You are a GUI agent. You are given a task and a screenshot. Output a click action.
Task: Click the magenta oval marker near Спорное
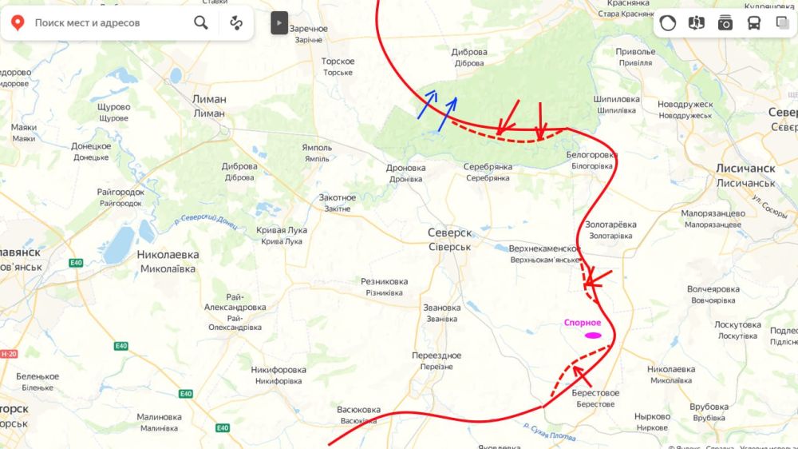tap(592, 336)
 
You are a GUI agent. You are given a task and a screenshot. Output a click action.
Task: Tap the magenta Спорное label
tap(582, 323)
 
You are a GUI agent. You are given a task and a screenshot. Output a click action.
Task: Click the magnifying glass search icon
tap(201, 22)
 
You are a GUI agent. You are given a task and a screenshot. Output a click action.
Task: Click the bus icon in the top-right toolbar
tap(753, 22)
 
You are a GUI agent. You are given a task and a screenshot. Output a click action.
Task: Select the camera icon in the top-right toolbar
tap(725, 22)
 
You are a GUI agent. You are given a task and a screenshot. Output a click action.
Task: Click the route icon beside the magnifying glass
tap(235, 22)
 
